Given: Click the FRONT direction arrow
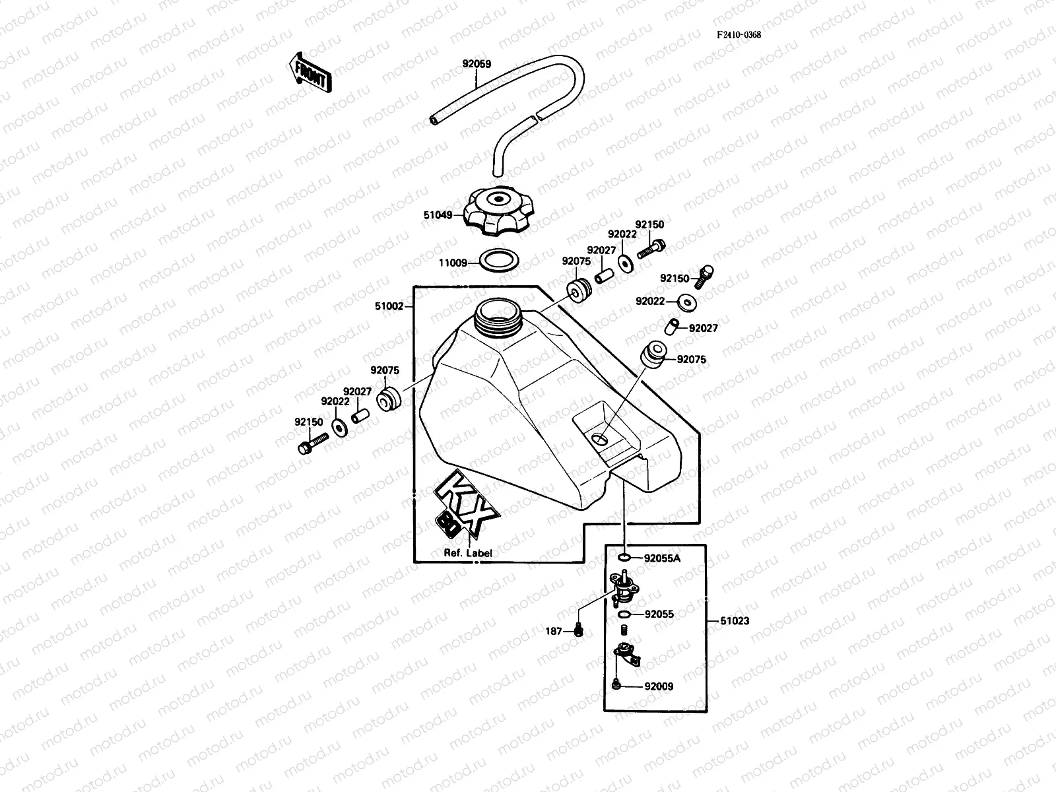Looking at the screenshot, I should point(310,73).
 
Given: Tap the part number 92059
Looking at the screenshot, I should point(477,65).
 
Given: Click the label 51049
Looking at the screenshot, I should point(438,214).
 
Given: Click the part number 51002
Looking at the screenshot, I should point(389,306).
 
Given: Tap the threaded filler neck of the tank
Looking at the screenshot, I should point(498,315).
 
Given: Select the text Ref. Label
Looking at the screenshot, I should point(467,553).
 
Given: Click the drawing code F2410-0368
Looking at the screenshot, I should point(739,35).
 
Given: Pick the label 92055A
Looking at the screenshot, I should point(662,558).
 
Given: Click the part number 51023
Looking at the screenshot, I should point(735,620).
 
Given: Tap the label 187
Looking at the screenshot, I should point(553,632).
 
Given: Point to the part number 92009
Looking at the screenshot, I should point(659,686).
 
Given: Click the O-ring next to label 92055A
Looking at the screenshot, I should point(624,558).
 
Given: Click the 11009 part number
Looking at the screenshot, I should point(453,263).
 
